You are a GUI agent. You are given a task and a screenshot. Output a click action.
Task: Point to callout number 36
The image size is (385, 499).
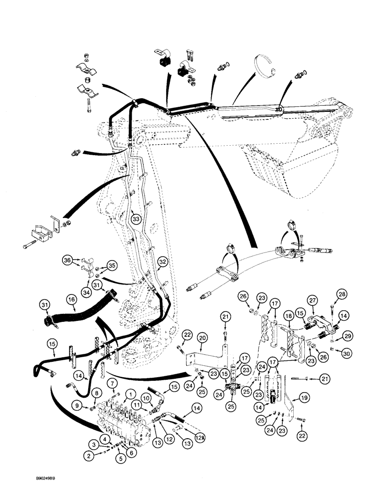pyautogui.click(x=66, y=259)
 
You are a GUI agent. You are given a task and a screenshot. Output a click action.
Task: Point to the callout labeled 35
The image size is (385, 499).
pyautogui.click(x=112, y=265)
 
